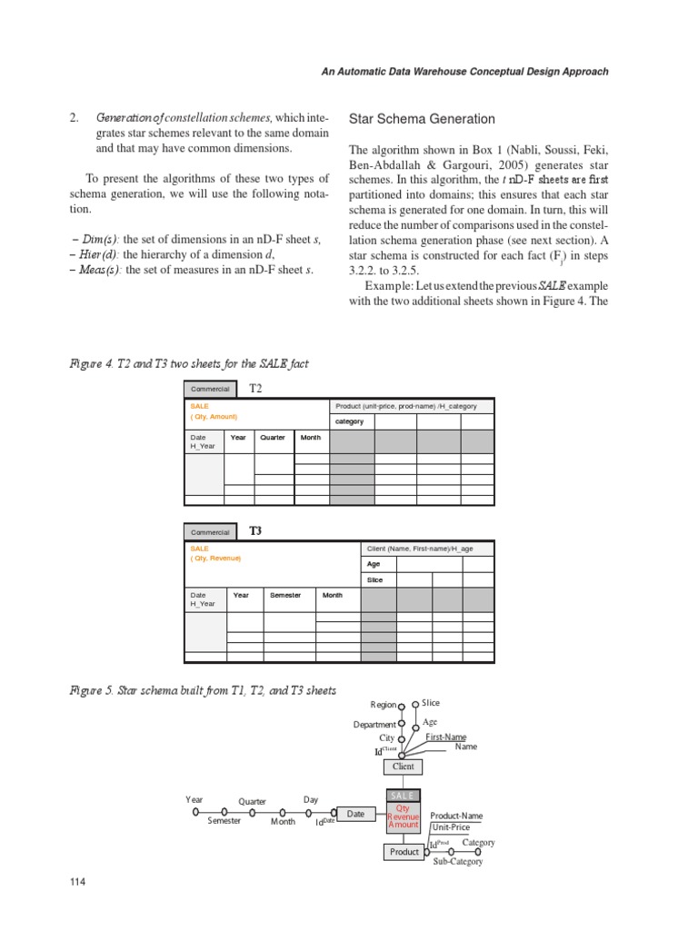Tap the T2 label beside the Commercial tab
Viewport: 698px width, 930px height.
[x=255, y=388]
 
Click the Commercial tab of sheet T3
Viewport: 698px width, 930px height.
[x=210, y=532]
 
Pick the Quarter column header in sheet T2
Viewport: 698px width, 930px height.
[x=273, y=437]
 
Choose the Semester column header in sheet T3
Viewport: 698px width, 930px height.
[x=284, y=595]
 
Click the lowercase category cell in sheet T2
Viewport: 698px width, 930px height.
[x=349, y=421]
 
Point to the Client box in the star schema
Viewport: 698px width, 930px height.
[x=403, y=767]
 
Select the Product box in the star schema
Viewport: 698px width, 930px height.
[x=404, y=852]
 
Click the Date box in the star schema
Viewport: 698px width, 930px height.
[x=355, y=814]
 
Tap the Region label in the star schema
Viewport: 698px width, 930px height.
[x=384, y=705]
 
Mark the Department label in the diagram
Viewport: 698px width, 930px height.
[x=374, y=725]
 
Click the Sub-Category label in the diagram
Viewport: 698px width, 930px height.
[x=457, y=861]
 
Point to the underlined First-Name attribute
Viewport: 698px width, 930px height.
[x=446, y=737]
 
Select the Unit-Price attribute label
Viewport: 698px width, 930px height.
[x=451, y=827]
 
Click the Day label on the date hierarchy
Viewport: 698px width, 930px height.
[x=311, y=799]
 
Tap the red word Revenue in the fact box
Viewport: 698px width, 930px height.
[x=404, y=816]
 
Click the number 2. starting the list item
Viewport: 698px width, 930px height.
[x=75, y=119]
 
